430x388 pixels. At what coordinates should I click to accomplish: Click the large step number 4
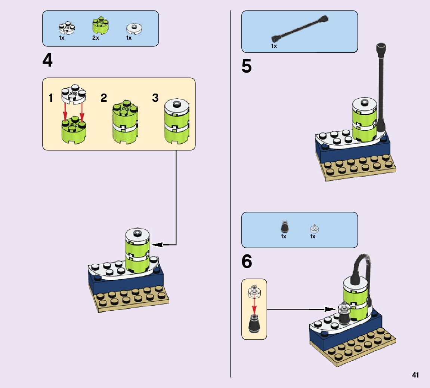(x=47, y=60)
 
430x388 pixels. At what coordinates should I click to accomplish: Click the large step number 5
(x=247, y=67)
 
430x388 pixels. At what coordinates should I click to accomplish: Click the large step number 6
(x=247, y=262)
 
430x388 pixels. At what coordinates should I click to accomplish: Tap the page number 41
(x=415, y=375)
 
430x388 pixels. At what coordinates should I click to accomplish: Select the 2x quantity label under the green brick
(x=96, y=38)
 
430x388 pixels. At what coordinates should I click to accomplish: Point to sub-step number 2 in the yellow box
(x=104, y=98)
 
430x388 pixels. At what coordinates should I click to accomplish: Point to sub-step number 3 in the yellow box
(x=155, y=98)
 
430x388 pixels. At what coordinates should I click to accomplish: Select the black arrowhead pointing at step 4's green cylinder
(x=157, y=245)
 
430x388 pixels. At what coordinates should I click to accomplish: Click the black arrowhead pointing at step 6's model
(x=330, y=309)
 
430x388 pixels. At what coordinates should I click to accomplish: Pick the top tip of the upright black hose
(x=381, y=47)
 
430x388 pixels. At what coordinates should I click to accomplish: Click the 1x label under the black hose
(x=274, y=46)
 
